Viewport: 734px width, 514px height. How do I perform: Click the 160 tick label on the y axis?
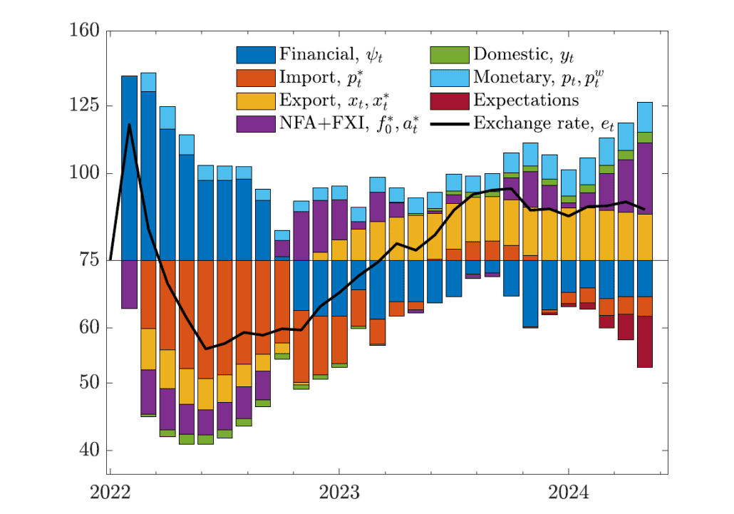(84, 31)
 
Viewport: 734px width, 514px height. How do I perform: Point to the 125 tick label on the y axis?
(84, 106)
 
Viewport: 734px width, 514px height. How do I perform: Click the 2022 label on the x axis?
(110, 493)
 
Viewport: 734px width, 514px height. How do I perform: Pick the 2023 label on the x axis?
(339, 493)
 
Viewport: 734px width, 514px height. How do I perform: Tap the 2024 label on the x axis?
(568, 493)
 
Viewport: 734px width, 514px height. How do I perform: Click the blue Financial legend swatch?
(256, 55)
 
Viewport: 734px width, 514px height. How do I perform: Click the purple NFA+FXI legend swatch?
(256, 123)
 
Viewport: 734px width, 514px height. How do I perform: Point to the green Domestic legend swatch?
(450, 55)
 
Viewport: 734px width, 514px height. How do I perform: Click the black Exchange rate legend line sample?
(450, 123)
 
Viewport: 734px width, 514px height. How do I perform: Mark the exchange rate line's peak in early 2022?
(129, 124)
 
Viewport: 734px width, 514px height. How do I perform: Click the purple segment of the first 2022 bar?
(129, 284)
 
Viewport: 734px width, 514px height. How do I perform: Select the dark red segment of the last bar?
(644, 341)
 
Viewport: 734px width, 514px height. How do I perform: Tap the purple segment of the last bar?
(644, 178)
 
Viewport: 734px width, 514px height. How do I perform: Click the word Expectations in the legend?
(526, 101)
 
